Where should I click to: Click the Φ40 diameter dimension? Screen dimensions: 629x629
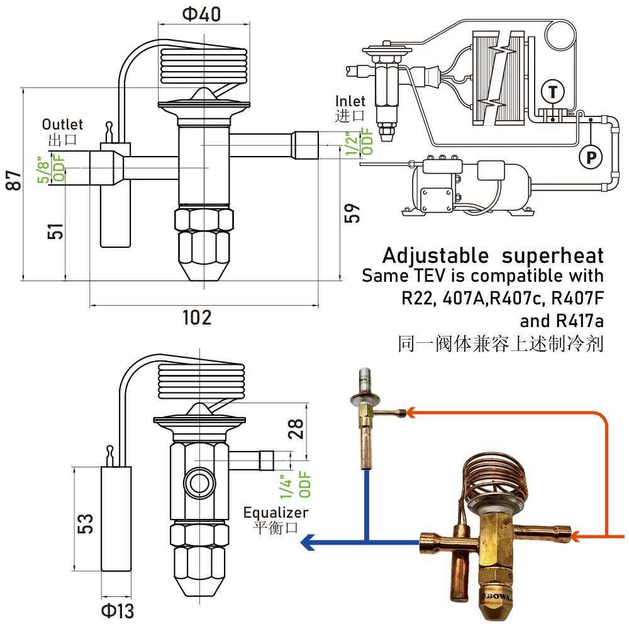pos(201,13)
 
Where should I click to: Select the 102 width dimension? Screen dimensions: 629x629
pos(197,318)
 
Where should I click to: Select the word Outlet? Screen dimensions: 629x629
pos(62,125)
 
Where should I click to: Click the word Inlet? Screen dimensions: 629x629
pos(350,101)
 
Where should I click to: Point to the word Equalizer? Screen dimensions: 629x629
pos(276,512)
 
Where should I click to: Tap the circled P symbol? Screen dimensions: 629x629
pos(590,157)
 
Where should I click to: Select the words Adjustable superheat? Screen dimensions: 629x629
pos(493,255)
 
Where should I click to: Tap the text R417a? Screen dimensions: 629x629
pos(579,321)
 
